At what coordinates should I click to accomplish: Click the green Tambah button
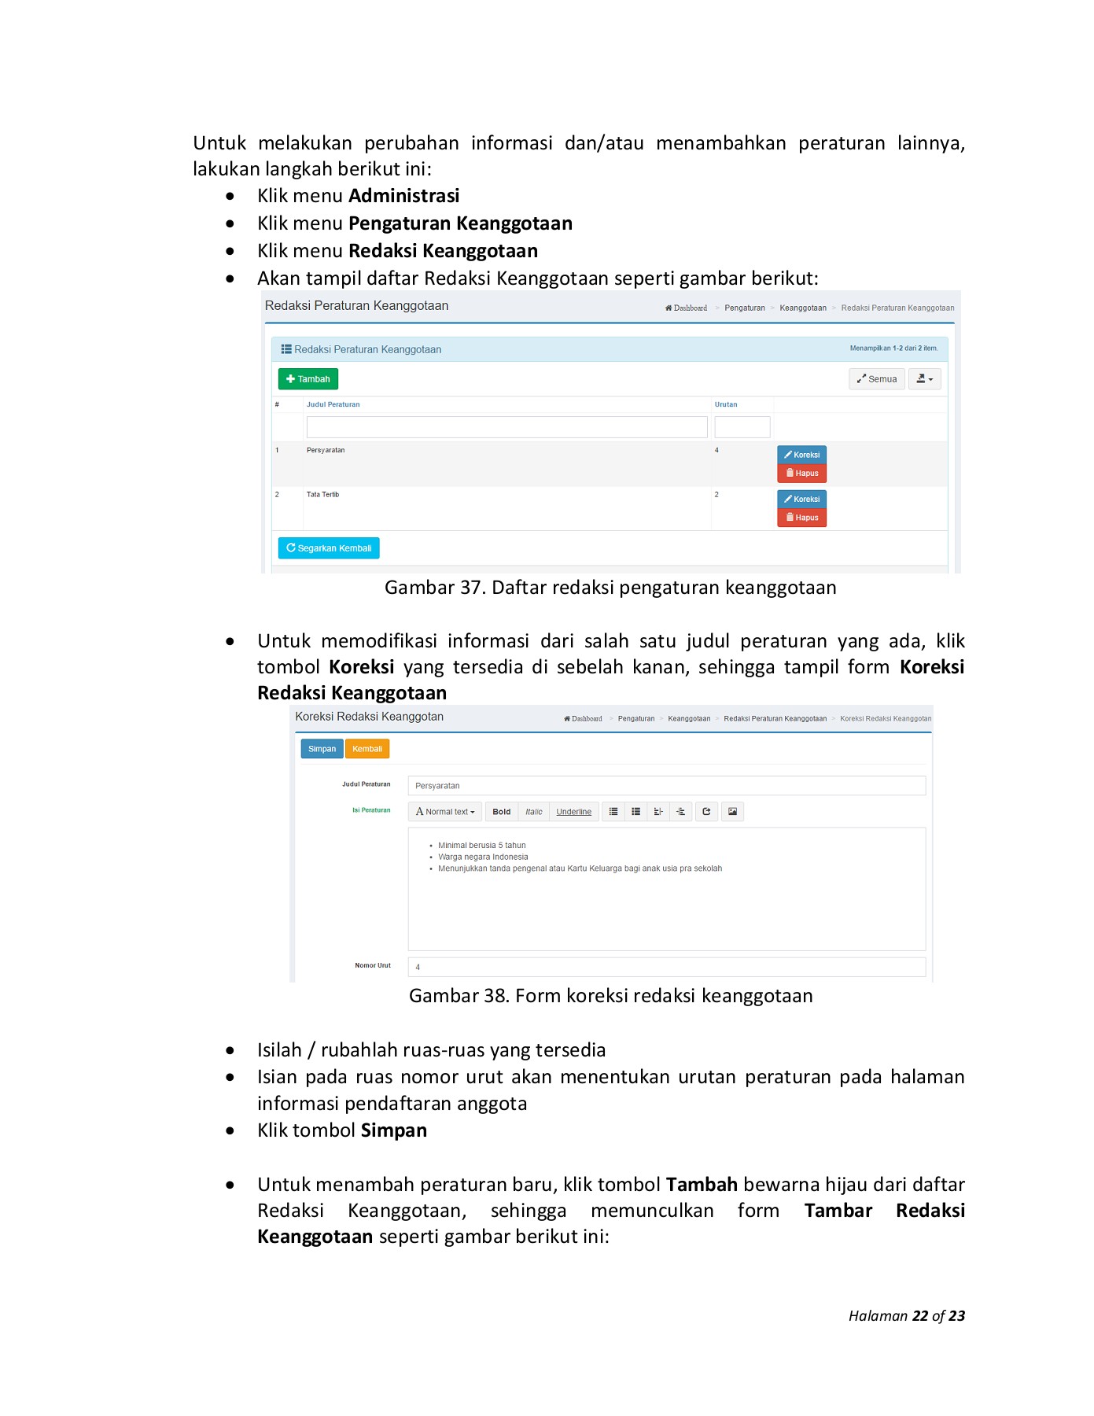coord(308,379)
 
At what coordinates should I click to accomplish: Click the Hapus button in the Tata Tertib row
coord(801,518)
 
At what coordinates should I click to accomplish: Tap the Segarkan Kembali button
coord(329,548)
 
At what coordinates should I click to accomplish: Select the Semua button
coord(876,379)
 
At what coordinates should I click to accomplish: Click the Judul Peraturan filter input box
coord(506,427)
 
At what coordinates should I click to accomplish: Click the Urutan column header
coord(725,404)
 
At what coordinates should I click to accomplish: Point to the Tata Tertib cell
coord(322,495)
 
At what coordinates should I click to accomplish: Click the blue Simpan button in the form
coord(322,749)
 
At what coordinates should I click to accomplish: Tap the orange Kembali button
coord(367,749)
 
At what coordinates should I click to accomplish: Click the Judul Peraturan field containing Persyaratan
coord(665,786)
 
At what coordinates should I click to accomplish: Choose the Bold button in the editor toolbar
coord(501,812)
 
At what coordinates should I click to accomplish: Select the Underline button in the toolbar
coord(573,812)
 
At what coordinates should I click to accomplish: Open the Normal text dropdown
coord(445,812)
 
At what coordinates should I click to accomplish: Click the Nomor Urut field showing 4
coord(665,967)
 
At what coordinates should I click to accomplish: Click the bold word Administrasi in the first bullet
coord(403,196)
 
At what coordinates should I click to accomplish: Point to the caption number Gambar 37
coord(432,588)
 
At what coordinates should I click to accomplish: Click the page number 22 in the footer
coord(919,1316)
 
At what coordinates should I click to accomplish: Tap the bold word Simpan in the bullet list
coord(393,1130)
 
